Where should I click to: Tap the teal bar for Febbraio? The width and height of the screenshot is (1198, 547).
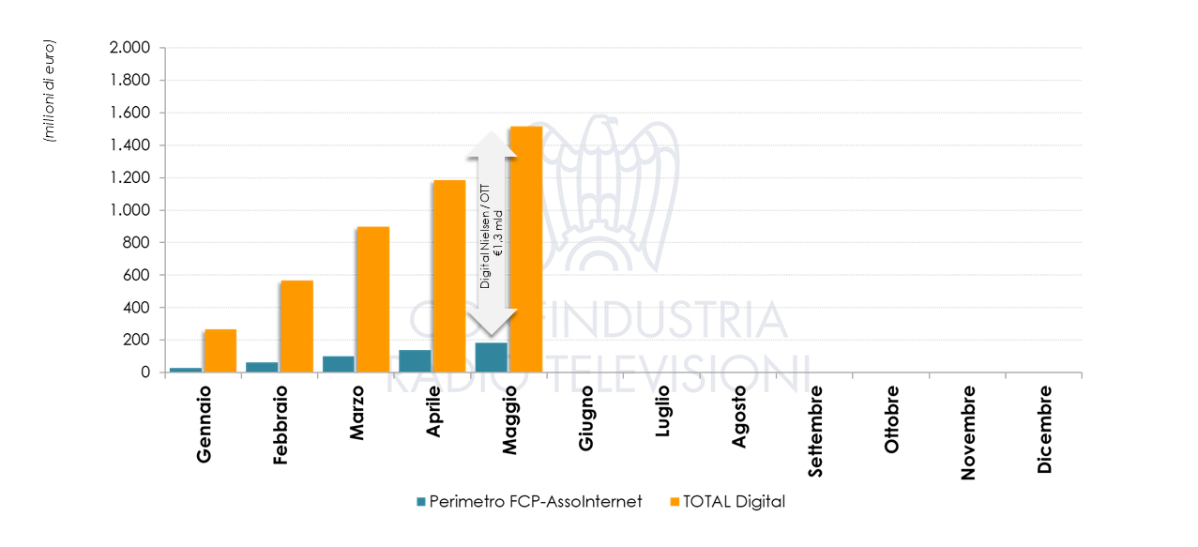click(262, 367)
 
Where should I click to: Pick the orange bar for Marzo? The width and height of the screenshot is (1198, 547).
click(372, 299)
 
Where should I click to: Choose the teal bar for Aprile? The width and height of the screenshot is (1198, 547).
click(415, 360)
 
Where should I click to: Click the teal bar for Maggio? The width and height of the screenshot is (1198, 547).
click(491, 357)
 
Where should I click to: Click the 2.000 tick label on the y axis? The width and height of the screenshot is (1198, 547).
click(129, 48)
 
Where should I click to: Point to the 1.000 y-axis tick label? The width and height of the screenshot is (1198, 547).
click(129, 210)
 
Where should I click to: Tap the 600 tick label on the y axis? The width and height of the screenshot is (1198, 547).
click(137, 275)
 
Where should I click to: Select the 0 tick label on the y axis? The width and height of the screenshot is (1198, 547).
click(145, 372)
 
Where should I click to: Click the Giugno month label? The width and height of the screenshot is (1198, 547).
click(586, 418)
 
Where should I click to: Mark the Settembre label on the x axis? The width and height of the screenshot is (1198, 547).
click(815, 431)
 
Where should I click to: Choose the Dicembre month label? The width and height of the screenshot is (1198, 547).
click(1045, 427)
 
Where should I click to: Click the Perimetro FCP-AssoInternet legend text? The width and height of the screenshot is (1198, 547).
click(536, 502)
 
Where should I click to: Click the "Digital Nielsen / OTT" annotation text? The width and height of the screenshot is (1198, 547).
click(485, 235)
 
